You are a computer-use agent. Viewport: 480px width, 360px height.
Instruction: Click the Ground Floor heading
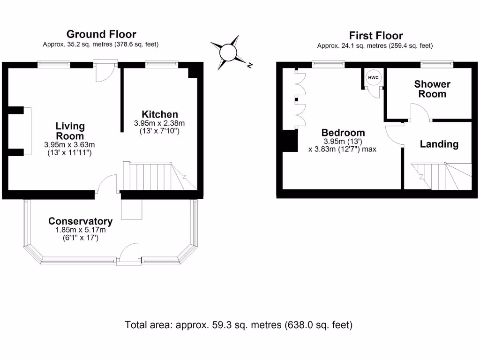pos(101,34)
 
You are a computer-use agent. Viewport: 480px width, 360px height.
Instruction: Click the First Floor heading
pos(375,36)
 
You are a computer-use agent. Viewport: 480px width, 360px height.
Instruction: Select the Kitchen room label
pos(160,114)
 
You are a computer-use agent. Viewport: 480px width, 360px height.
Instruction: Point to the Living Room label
pos(70,131)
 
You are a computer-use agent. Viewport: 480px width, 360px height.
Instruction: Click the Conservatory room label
pos(80,221)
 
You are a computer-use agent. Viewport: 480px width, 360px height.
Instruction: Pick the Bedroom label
pos(343,133)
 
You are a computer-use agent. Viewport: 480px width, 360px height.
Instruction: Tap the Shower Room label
pos(432,89)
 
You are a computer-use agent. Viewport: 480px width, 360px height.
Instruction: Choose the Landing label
pos(439,144)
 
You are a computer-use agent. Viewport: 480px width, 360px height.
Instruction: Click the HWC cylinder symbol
pos(373,77)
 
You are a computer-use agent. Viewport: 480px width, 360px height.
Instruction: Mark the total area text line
pos(239,325)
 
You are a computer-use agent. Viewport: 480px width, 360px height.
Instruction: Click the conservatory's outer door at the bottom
pos(129,255)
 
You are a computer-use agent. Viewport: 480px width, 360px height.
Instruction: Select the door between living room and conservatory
pos(107,184)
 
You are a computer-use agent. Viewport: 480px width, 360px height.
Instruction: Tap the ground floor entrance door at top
pos(104,70)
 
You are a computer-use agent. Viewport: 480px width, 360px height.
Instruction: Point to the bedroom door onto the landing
pos(394,136)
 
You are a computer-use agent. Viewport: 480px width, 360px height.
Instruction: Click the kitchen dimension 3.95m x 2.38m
pos(160,123)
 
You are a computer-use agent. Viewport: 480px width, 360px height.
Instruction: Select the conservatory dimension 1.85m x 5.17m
pos(80,230)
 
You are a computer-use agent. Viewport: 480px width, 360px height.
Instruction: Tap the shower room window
pos(436,64)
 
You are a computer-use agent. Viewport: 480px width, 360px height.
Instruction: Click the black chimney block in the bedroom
pos(290,141)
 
